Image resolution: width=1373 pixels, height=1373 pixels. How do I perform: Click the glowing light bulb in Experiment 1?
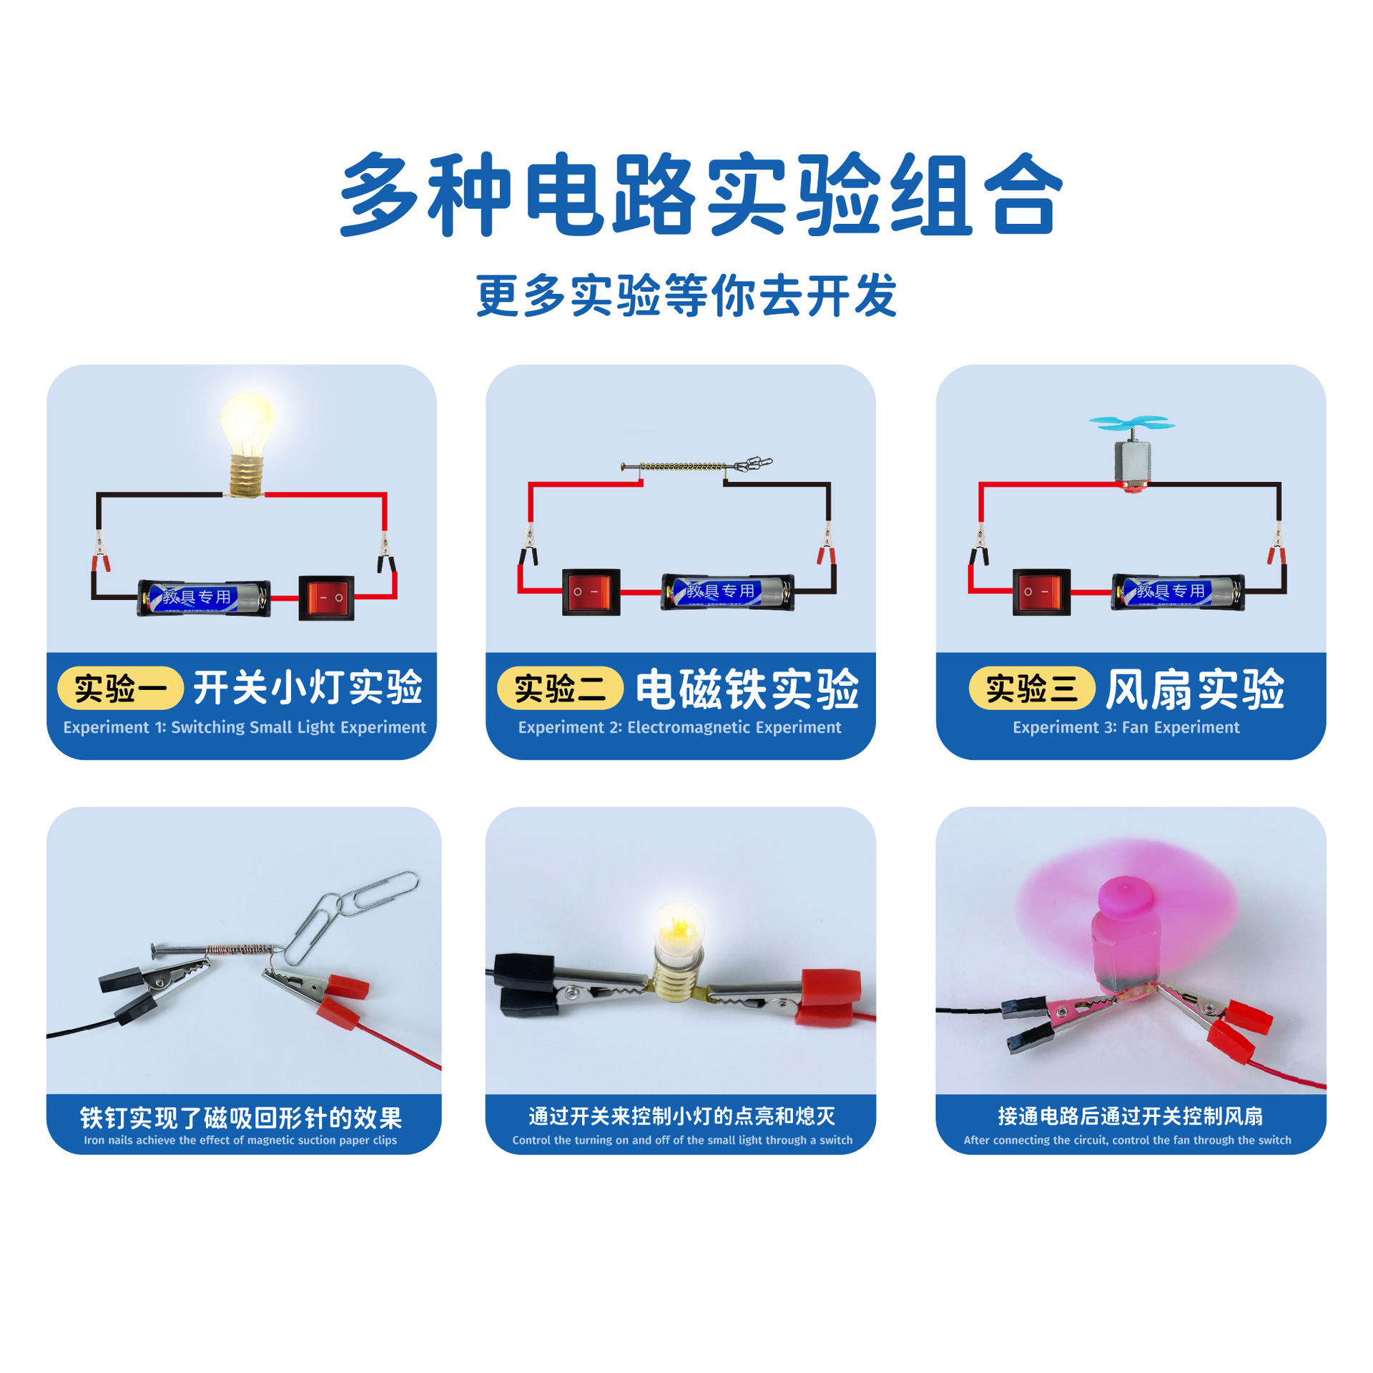pos(247,430)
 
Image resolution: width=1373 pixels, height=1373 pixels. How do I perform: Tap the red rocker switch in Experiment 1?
pos(326,598)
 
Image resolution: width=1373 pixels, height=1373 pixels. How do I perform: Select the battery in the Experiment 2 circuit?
pos(727,592)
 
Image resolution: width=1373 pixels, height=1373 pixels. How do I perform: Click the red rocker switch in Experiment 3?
pos(1041,592)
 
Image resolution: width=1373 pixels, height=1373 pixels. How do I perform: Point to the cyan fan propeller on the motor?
pos(1131,423)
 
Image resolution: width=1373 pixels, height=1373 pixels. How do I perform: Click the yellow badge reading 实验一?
pos(120,688)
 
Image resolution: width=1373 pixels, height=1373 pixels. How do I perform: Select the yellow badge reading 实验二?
pos(560,688)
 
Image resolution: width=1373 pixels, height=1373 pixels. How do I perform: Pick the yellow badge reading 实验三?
pos(1031,688)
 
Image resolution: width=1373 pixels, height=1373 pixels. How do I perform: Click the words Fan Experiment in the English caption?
pos(1180,727)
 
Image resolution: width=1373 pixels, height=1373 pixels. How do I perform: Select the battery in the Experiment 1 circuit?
pos(204,598)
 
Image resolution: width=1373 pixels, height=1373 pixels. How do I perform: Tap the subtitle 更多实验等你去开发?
pos(686,295)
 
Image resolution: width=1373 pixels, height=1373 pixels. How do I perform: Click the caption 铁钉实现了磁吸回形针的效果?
pos(241,1118)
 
